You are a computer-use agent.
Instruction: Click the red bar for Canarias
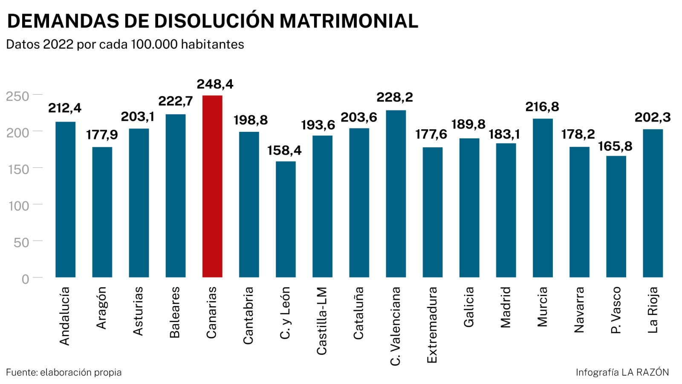(212, 186)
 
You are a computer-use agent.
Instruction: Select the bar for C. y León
(286, 219)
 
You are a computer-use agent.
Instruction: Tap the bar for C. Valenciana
(396, 194)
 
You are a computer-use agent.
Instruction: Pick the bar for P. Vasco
(616, 217)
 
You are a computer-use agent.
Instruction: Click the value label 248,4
(215, 84)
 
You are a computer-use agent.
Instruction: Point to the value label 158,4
(284, 150)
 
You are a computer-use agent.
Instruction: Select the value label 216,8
(542, 106)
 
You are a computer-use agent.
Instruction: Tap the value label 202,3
(652, 117)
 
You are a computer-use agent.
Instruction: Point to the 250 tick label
(17, 96)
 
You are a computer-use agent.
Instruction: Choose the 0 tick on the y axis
(25, 279)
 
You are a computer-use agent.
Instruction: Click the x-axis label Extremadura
(432, 325)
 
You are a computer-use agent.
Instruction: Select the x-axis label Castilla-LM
(322, 321)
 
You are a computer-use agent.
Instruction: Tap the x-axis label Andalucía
(64, 316)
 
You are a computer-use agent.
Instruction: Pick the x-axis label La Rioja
(653, 310)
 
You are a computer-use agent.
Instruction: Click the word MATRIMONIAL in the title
(349, 21)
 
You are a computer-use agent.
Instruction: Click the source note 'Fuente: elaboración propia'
(64, 372)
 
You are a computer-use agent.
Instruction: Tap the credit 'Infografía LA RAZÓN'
(622, 372)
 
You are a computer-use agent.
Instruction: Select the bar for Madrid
(506, 210)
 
